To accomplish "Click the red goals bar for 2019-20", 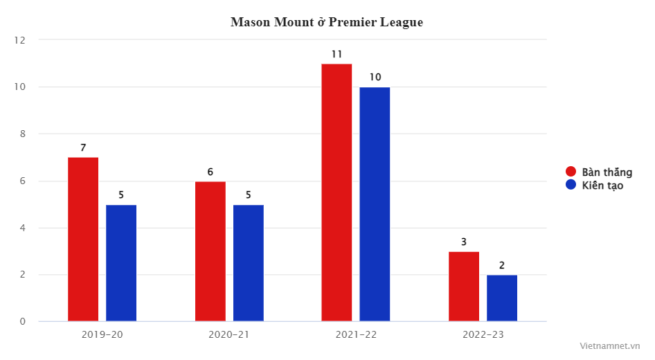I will click(x=83, y=240).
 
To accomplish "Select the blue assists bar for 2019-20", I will click(x=121, y=263).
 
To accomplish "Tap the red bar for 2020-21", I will click(x=210, y=251).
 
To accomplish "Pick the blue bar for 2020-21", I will click(x=249, y=263).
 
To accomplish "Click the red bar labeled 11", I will click(x=337, y=192).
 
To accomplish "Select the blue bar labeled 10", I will click(x=375, y=204).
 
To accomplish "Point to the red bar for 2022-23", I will click(x=464, y=287).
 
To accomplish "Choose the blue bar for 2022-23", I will click(x=502, y=298).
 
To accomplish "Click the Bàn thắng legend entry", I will click(x=599, y=172).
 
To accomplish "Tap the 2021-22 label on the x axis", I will click(x=356, y=334).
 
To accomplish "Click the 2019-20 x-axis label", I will click(x=102, y=334).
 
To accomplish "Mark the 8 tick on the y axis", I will click(x=22, y=134).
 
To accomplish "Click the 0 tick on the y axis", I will click(x=22, y=321).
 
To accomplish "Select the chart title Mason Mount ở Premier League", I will click(x=327, y=22).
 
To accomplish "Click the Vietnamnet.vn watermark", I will click(x=609, y=345).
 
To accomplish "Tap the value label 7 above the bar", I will click(x=83, y=147).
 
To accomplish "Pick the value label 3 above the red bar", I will click(x=464, y=242).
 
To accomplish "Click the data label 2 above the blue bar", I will click(x=502, y=265).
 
